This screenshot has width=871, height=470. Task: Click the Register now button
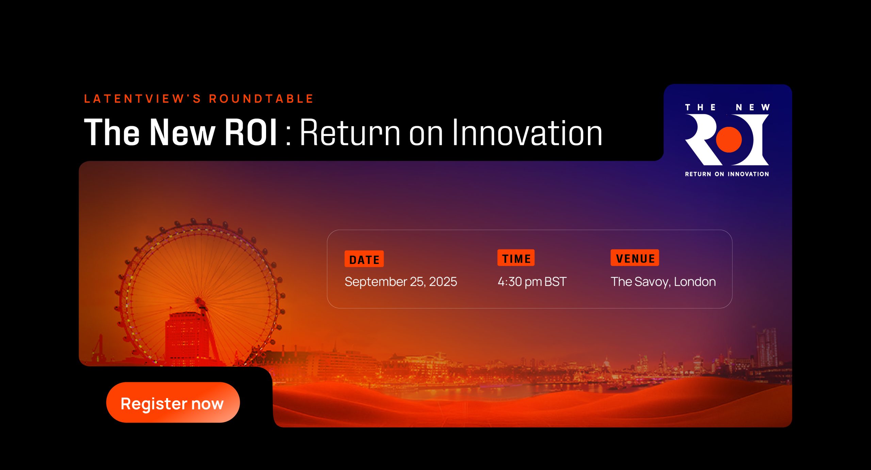(173, 402)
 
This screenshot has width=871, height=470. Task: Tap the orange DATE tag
(364, 259)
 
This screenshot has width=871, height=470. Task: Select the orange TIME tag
(516, 258)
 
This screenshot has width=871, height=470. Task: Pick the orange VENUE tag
(635, 258)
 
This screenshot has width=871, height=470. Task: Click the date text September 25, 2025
(400, 282)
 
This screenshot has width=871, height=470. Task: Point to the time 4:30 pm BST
(532, 282)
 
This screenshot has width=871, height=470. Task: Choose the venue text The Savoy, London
(663, 282)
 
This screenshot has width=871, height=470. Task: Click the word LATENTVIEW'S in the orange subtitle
(143, 99)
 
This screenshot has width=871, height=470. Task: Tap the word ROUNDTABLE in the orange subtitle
(261, 99)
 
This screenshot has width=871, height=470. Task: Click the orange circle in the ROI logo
(729, 139)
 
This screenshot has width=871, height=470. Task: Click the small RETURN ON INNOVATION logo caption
(727, 174)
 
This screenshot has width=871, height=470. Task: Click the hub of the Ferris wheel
(199, 301)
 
